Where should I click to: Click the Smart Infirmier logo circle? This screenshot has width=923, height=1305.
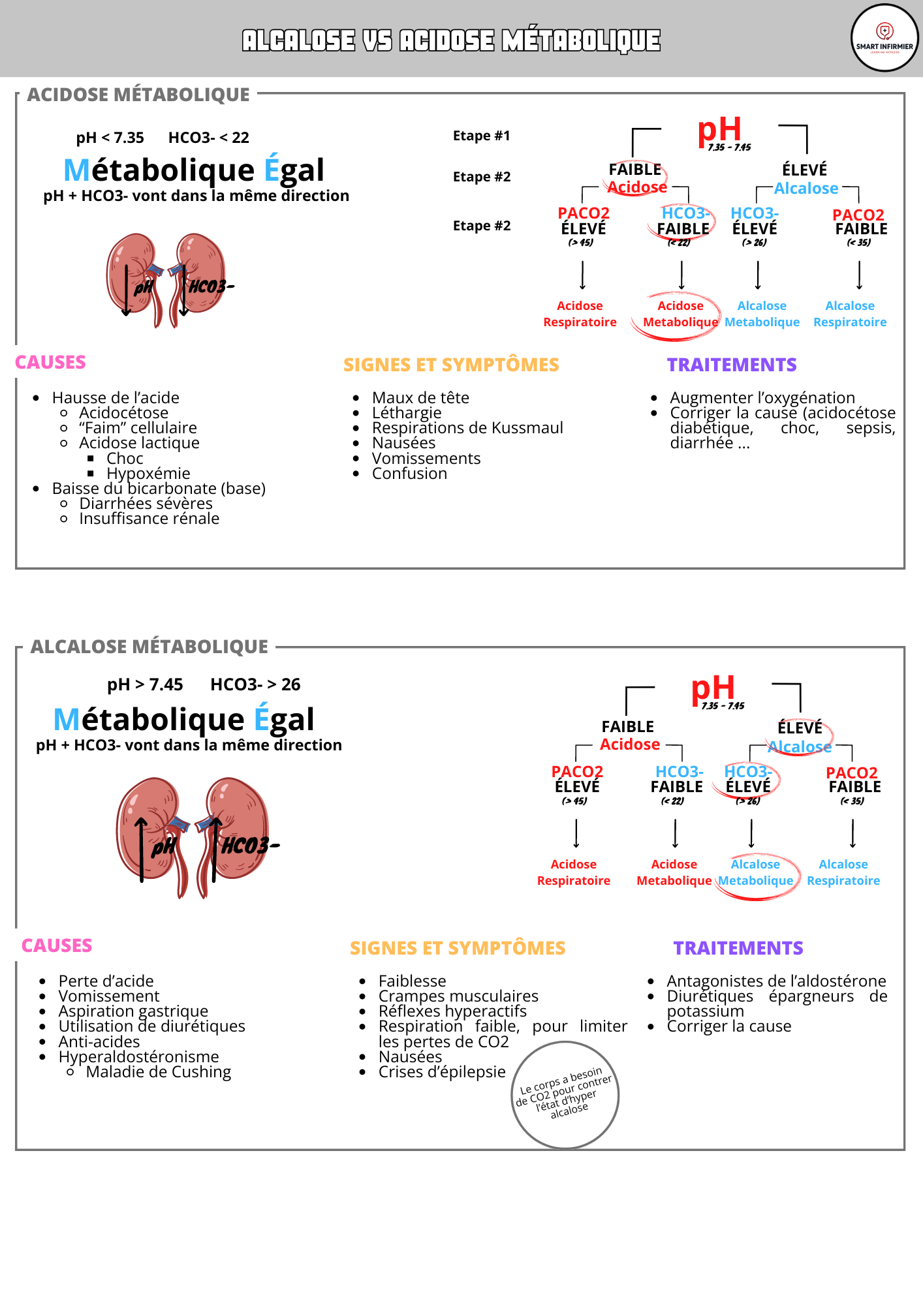[x=884, y=38]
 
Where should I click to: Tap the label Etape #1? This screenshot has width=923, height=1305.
[x=481, y=136]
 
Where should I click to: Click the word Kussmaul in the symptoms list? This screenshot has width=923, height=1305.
[x=527, y=428]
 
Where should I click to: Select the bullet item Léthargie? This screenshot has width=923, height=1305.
[x=407, y=413]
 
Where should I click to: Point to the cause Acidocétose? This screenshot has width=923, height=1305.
[x=123, y=413]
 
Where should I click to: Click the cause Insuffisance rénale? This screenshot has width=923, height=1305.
[x=149, y=519]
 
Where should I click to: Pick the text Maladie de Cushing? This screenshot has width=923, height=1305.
[x=158, y=1072]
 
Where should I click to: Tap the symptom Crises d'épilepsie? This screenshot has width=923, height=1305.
[x=442, y=1072]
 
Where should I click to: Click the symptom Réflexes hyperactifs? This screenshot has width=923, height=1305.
[x=452, y=1011]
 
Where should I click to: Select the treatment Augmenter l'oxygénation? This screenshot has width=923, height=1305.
[x=762, y=398]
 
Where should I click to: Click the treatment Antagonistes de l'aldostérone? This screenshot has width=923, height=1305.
[x=776, y=981]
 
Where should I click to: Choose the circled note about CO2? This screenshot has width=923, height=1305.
[x=565, y=1094]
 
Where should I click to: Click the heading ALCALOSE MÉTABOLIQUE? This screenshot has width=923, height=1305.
[x=149, y=647]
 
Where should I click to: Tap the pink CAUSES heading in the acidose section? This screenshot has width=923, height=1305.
[x=50, y=362]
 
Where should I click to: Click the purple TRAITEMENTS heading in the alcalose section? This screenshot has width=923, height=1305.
[x=738, y=948]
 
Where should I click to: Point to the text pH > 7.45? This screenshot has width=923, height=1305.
[x=145, y=684]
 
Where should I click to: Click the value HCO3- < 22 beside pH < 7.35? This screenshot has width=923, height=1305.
[x=208, y=138]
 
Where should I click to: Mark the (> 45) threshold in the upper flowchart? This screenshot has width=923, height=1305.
[x=580, y=243]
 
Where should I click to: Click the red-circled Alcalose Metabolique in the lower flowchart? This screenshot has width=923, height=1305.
[x=755, y=873]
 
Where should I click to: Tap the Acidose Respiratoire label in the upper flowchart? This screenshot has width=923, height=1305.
[x=580, y=314]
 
